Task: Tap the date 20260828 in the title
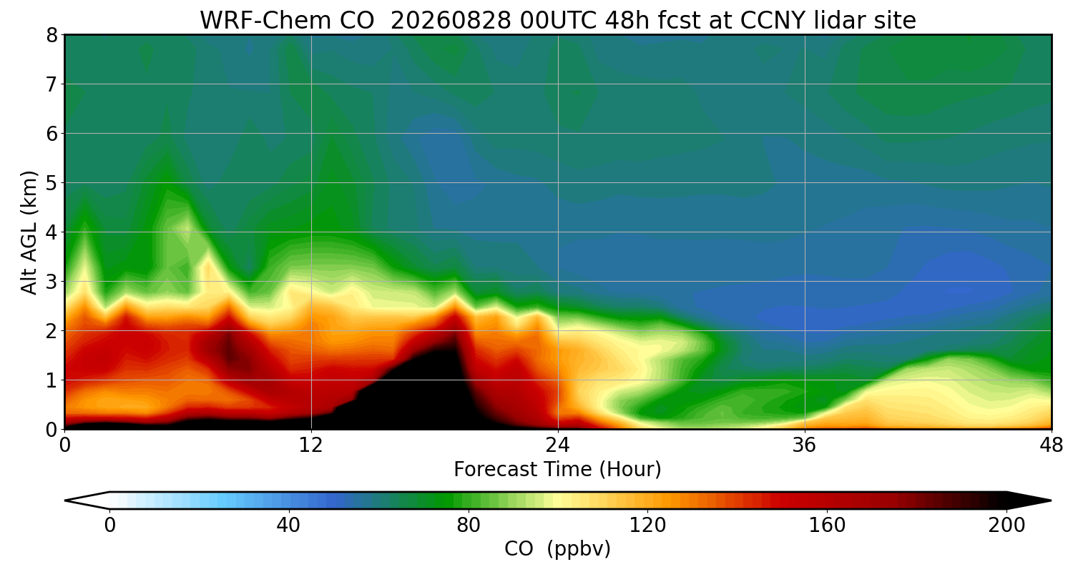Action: coord(451,21)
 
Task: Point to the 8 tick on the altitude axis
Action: coord(52,35)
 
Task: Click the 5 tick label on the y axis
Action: coord(52,183)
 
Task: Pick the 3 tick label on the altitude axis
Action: coord(52,282)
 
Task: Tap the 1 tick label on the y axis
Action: coord(52,380)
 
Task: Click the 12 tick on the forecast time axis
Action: coord(311,445)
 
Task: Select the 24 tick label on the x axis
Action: coord(558,445)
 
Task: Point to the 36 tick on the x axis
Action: coord(805,445)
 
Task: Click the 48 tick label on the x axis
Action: coord(1052,445)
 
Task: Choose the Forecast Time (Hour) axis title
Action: coord(557,470)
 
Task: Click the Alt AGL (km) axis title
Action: coord(29,232)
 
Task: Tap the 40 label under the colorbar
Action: coord(288,526)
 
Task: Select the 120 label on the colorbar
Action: coord(647,526)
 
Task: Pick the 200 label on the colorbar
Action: coord(1006,526)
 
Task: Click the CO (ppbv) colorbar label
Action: coord(557,549)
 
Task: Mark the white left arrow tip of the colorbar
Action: coord(66,500)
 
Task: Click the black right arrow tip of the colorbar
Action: coord(1051,500)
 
